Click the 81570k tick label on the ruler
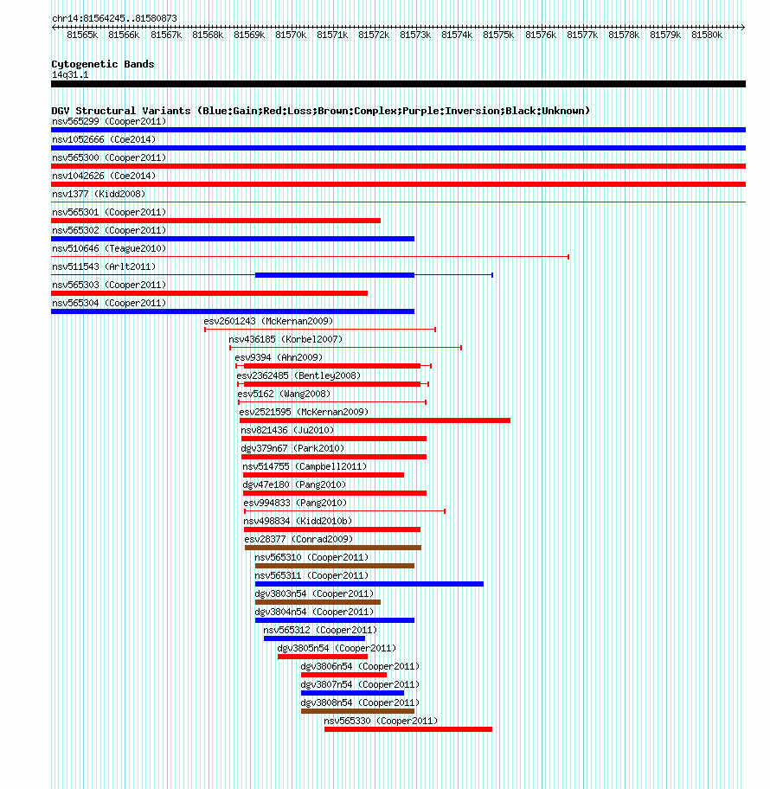coord(291,35)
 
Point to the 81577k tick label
coord(582,35)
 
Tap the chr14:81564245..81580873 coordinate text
coord(115,19)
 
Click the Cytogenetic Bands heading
coord(103,64)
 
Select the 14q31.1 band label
coord(70,75)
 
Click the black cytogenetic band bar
coord(398,84)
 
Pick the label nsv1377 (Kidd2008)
coord(99,195)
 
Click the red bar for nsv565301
coord(216,221)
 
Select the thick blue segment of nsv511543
coord(335,275)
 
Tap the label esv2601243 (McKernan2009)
coord(268,321)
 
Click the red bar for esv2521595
coord(375,420)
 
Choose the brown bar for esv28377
coord(333,548)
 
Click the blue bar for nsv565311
coord(369,584)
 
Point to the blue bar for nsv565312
coord(315,638)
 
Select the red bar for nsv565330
coord(408,729)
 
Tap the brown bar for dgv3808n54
coord(358,711)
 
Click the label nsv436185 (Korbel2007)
coord(286,339)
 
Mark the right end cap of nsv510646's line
coord(568,257)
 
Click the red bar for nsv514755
coord(324,475)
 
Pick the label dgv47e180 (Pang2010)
coord(294,484)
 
